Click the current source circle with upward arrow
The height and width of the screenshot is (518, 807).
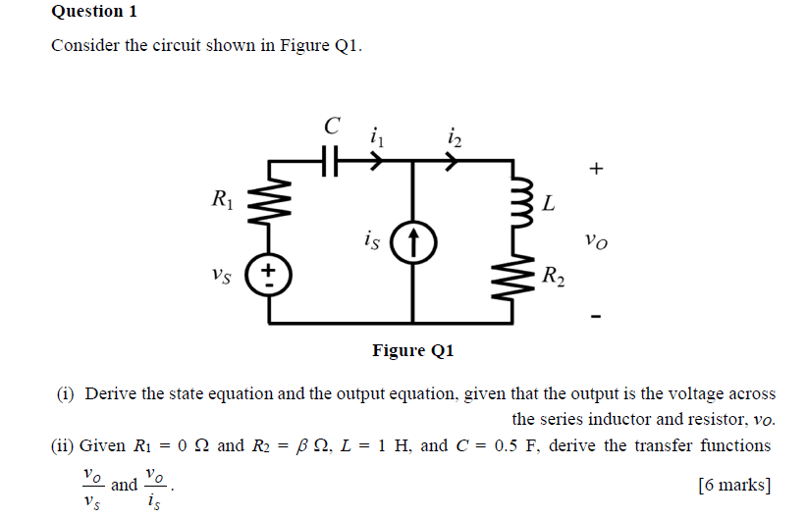pos(413,240)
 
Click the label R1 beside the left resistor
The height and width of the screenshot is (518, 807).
pos(224,201)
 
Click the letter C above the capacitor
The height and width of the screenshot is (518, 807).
pos(332,126)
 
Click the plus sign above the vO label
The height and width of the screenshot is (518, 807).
pos(595,169)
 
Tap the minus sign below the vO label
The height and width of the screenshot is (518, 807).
pos(595,316)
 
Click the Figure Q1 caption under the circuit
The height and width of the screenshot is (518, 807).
pos(413,350)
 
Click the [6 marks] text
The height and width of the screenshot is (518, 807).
pos(733,485)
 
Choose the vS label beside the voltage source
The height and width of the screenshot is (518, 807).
pos(223,276)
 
